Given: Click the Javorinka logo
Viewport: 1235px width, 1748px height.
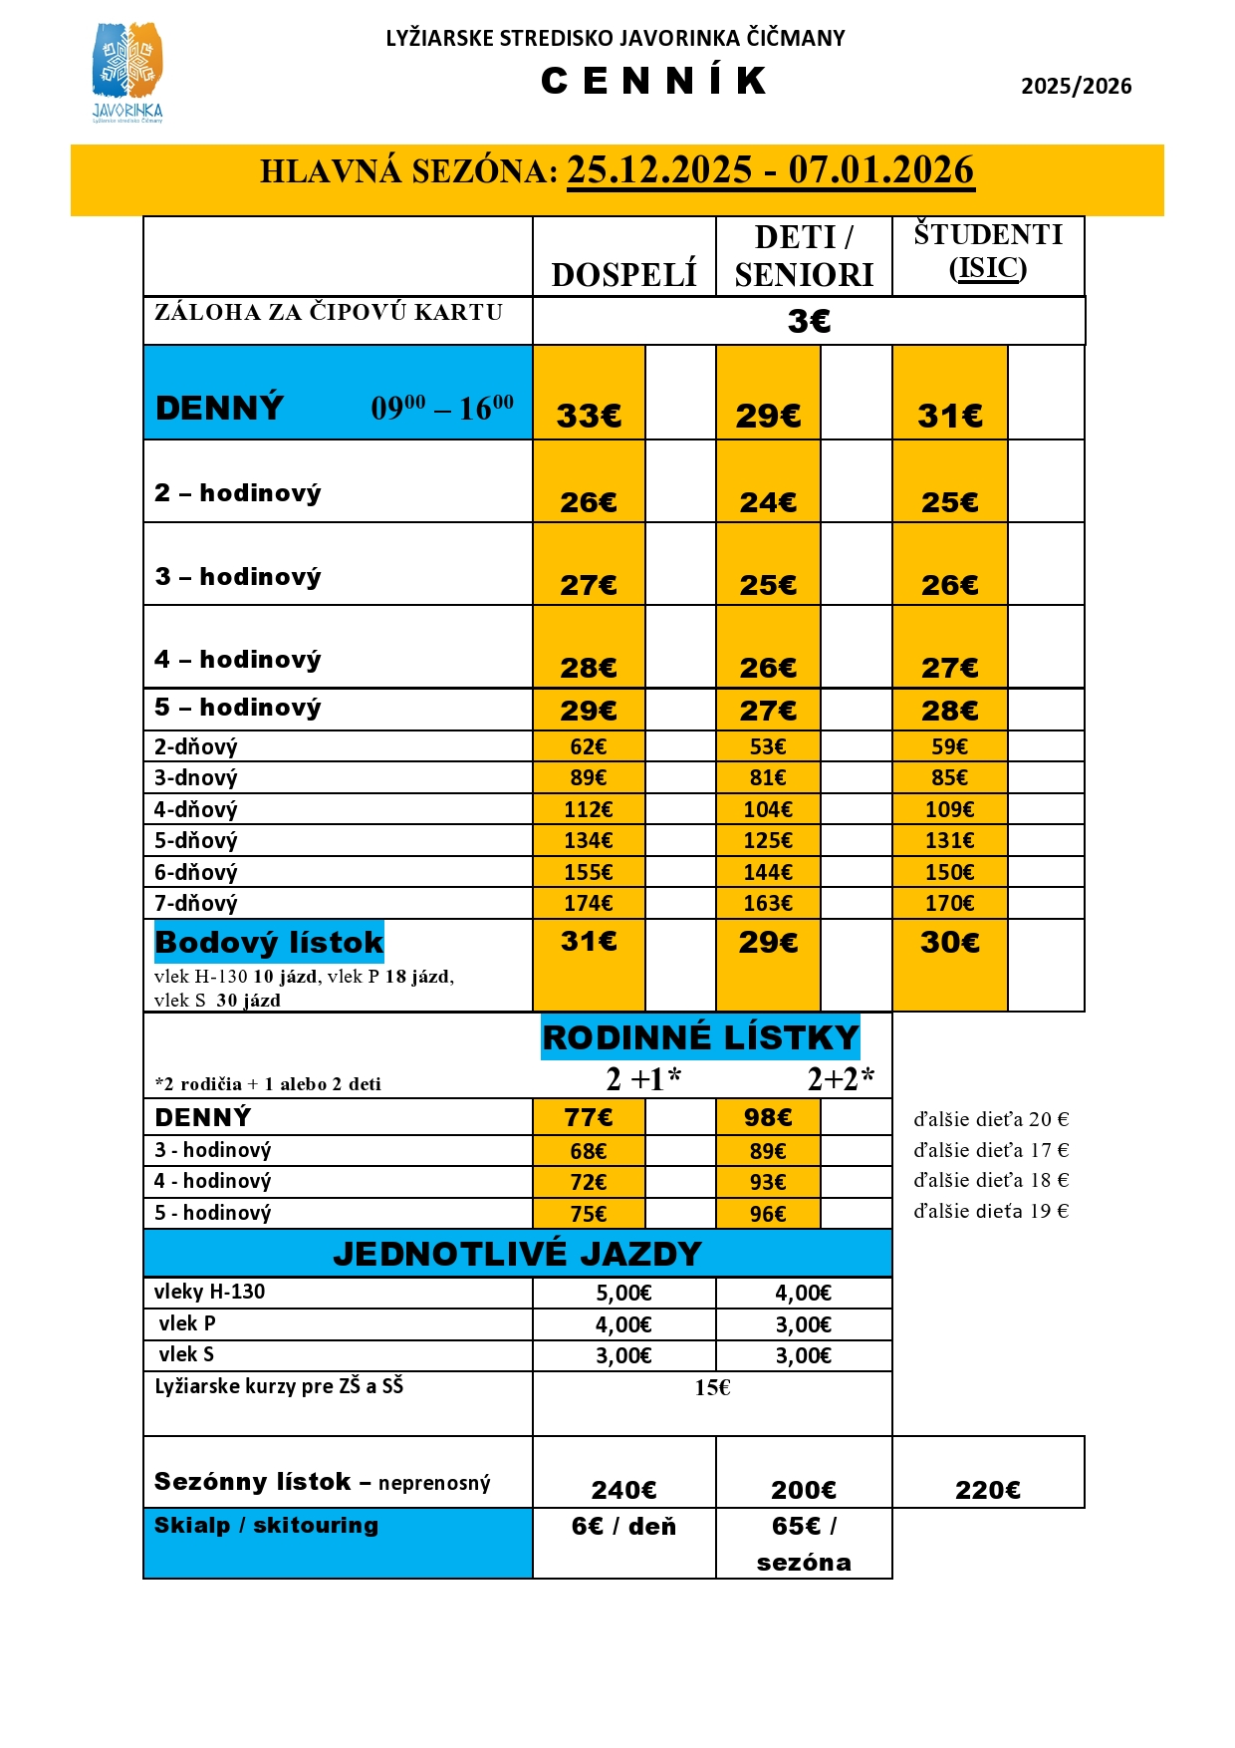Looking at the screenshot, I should (126, 72).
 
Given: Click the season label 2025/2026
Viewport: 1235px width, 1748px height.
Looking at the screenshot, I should (1076, 86).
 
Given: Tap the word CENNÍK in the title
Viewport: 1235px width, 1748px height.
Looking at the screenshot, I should (654, 81).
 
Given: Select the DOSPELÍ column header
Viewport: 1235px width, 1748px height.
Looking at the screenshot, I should (623, 274).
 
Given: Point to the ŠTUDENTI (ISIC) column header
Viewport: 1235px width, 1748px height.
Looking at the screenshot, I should (988, 251).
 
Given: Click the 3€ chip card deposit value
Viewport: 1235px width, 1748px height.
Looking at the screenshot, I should (809, 321).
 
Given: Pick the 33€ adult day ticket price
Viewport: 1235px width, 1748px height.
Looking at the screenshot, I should (589, 416).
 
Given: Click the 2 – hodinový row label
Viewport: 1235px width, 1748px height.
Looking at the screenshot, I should (238, 493).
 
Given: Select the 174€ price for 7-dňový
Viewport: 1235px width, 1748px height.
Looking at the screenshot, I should (589, 904).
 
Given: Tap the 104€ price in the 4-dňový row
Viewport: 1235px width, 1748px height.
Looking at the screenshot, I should (768, 810).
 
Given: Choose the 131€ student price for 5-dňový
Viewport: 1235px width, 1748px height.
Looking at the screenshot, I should (949, 841).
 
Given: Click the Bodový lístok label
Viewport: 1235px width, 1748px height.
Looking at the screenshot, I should (269, 942).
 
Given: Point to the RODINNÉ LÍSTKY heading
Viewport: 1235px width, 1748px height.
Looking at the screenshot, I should (700, 1037).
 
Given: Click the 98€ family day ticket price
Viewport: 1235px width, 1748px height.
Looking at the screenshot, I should (768, 1118).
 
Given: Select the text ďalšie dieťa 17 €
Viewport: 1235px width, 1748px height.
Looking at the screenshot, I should (991, 1150).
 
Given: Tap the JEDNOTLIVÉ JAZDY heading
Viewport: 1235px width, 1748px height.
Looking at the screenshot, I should (517, 1254).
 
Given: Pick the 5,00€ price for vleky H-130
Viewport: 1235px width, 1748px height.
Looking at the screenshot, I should (623, 1294).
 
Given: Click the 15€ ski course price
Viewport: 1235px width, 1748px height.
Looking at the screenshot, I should (712, 1388).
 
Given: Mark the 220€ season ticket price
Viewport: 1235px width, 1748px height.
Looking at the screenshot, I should (988, 1490).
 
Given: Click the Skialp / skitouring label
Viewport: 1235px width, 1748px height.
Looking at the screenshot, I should (266, 1526).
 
